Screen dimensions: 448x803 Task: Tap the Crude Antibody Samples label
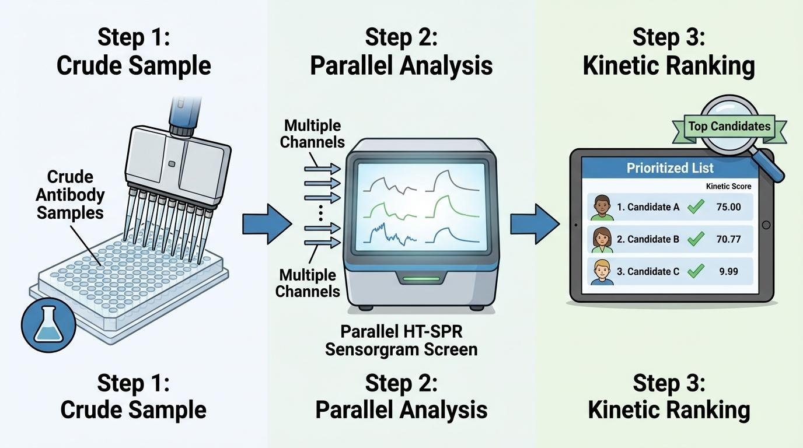point(70,195)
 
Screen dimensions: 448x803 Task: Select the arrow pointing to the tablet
point(535,223)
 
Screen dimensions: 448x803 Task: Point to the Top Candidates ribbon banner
point(729,126)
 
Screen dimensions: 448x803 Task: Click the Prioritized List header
point(670,168)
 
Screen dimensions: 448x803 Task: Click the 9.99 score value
point(729,271)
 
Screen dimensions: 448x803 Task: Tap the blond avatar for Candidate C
point(602,272)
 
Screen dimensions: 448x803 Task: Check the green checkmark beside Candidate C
point(696,271)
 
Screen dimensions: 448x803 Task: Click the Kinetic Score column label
point(728,186)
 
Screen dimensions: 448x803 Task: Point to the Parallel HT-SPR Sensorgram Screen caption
point(401,340)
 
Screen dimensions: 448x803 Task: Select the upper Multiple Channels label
point(313,134)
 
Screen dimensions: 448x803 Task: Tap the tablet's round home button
point(766,225)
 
